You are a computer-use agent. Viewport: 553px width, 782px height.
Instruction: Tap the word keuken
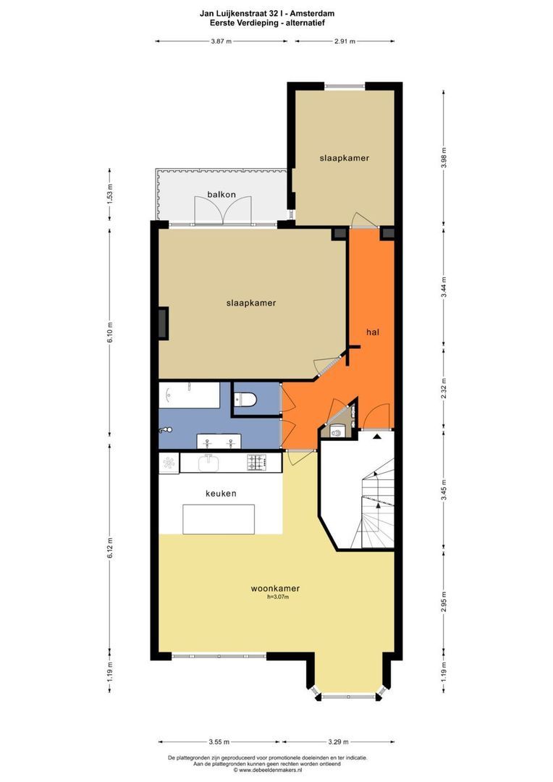point(221,493)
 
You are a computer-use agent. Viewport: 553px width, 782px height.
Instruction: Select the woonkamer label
point(275,589)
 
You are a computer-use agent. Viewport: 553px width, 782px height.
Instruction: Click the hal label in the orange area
point(373,332)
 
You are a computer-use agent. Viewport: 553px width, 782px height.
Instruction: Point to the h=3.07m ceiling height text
point(278,597)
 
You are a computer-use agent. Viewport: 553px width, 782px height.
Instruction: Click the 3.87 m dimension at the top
point(221,41)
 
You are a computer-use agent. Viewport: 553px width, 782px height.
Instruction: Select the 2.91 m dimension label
point(345,41)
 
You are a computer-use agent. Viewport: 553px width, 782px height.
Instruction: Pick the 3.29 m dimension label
point(338,741)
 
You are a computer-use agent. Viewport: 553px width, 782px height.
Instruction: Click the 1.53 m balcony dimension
point(110,195)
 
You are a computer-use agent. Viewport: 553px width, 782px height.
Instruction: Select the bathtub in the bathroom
point(190,395)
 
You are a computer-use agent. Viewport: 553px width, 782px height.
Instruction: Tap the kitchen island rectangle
point(219,518)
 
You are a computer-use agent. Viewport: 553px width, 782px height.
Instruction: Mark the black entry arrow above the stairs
point(376,436)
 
